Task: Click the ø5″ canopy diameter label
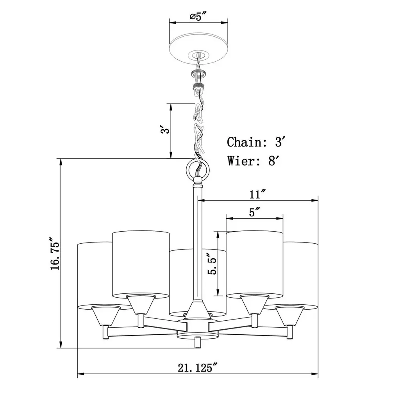click(x=198, y=16)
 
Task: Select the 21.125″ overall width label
click(x=198, y=368)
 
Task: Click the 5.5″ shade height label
click(x=212, y=264)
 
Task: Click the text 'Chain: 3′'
click(x=255, y=142)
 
